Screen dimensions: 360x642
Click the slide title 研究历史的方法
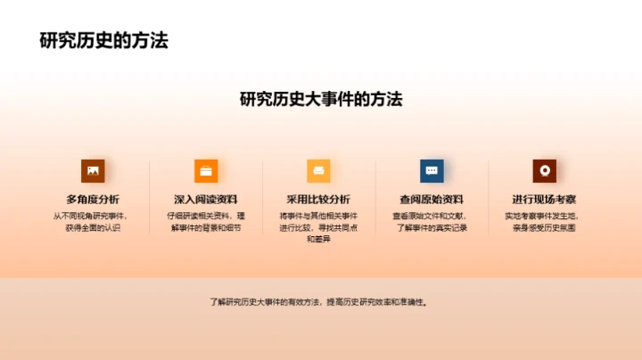(x=104, y=41)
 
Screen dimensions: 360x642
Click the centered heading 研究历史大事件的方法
(x=321, y=99)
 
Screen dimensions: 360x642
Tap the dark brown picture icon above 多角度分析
(x=93, y=170)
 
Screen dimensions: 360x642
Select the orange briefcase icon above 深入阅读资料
(x=206, y=170)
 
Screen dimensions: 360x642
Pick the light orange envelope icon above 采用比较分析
(x=318, y=170)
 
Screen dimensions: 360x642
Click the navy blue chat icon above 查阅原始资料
(x=432, y=170)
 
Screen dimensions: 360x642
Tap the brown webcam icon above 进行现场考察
(x=544, y=170)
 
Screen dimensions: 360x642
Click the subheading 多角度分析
(x=93, y=199)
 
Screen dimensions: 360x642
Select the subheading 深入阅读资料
(x=206, y=199)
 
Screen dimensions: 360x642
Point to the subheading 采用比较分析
(x=318, y=199)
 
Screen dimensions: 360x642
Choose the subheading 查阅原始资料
(x=432, y=199)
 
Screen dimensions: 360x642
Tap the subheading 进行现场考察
(x=544, y=199)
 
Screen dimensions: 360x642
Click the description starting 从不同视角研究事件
(x=93, y=222)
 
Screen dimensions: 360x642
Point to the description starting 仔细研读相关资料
(x=206, y=222)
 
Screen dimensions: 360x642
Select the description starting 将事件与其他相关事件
(x=318, y=227)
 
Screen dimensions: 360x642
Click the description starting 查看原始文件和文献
(x=432, y=222)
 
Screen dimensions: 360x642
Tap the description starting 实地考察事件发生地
(x=544, y=222)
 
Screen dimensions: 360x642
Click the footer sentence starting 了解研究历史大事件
(x=321, y=302)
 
